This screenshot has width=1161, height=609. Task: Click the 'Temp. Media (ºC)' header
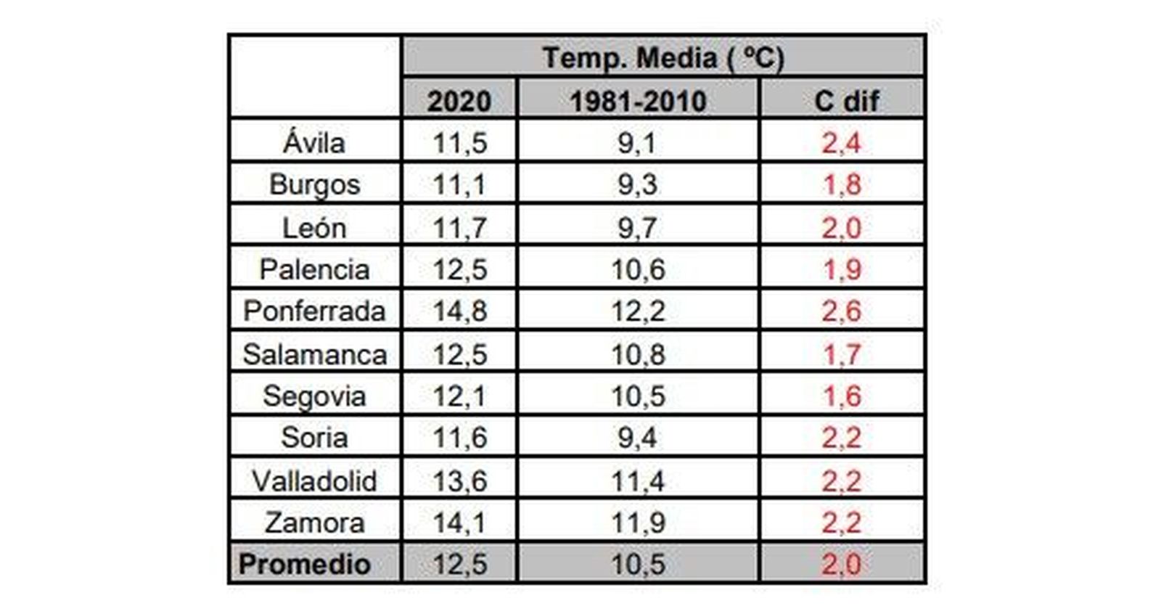click(662, 58)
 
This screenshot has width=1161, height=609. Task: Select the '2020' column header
click(459, 101)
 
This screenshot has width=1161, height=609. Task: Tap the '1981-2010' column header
click(638, 101)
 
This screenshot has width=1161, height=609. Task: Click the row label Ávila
click(314, 142)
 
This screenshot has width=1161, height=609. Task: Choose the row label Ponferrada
click(314, 311)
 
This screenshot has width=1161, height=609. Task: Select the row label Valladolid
click(314, 481)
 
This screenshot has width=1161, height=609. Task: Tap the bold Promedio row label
click(305, 564)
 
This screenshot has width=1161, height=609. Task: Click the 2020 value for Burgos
click(459, 184)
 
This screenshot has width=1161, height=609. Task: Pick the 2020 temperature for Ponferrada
click(459, 311)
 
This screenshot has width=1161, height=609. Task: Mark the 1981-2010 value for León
click(638, 228)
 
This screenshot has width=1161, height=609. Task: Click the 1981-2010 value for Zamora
click(638, 523)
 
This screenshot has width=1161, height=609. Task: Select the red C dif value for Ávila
click(841, 142)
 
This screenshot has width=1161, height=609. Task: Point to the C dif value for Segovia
click(841, 396)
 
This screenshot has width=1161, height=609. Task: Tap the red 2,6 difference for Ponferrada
click(841, 311)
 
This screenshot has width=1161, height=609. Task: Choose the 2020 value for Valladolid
click(459, 481)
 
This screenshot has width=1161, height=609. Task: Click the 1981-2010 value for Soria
click(638, 438)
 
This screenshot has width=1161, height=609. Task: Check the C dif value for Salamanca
click(841, 354)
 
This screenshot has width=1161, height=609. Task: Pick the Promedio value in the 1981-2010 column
click(638, 564)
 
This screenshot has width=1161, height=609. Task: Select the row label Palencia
click(314, 269)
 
